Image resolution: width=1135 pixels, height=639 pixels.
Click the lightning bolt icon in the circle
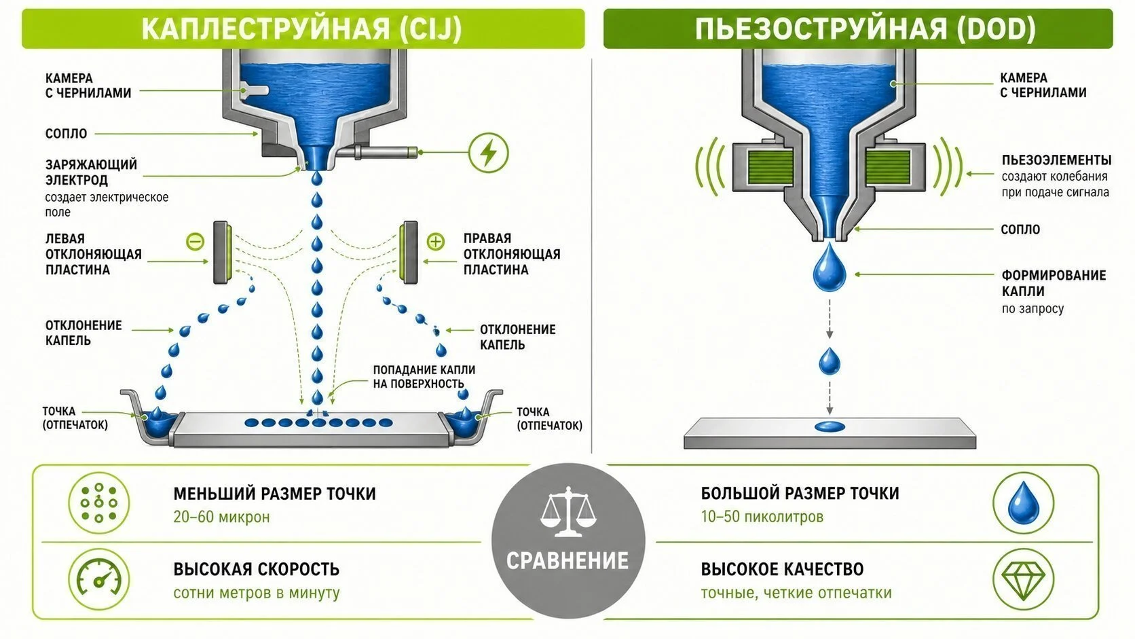[489, 153]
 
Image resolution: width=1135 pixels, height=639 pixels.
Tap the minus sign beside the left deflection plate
[195, 241]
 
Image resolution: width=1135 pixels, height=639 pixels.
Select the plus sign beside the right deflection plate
[436, 241]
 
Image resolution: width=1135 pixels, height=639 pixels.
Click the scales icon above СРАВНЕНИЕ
[568, 511]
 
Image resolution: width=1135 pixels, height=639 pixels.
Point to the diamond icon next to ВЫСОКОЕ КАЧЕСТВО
[1024, 580]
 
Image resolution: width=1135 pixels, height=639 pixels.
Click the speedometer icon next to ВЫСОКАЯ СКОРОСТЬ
[99, 579]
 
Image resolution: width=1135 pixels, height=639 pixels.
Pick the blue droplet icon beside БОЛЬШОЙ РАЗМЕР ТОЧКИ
[1024, 503]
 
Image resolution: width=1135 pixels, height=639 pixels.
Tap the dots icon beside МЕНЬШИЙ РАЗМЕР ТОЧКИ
[99, 503]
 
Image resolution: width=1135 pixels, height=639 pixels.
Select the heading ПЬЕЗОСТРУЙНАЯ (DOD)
[865, 29]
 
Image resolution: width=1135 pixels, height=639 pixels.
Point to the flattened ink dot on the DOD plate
[830, 426]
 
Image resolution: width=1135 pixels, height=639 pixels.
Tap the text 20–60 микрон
[221, 517]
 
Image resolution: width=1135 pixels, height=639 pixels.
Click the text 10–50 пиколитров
[762, 517]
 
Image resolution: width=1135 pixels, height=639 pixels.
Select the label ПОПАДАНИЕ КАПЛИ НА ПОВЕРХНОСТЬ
[424, 377]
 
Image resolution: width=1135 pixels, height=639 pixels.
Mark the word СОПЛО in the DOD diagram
[1020, 230]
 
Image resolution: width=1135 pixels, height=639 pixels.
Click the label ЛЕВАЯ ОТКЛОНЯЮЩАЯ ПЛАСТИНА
[94, 254]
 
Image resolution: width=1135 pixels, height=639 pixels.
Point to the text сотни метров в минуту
[257, 593]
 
